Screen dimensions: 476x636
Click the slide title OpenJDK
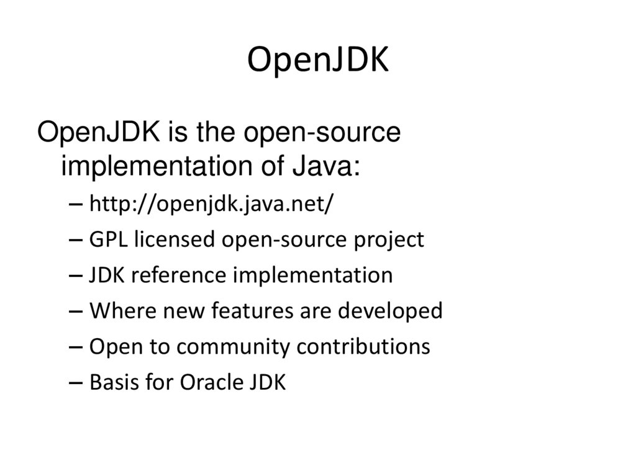click(317, 60)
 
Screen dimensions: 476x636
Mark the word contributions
click(363, 347)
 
